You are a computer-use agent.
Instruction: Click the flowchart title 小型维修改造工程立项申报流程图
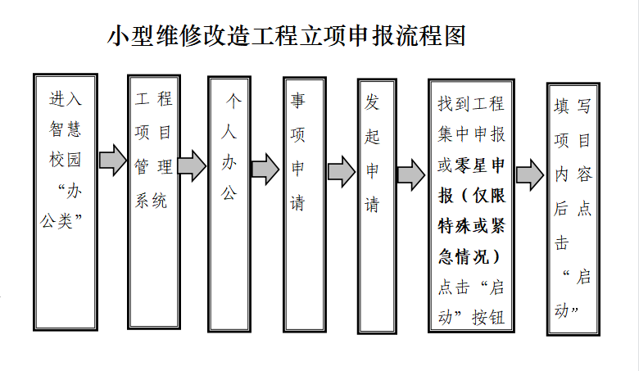[x=287, y=36]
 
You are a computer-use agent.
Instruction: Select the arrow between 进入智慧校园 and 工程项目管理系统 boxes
[x=113, y=160]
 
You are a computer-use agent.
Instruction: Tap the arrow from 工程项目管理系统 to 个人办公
[x=192, y=165]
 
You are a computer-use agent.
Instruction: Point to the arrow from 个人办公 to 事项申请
[x=265, y=169]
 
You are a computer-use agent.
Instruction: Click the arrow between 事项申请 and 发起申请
[x=342, y=172]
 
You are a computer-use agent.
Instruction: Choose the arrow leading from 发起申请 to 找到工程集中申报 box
[x=411, y=174]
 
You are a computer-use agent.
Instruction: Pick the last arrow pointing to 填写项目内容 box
[x=530, y=175]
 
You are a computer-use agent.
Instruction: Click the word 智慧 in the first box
[x=66, y=129]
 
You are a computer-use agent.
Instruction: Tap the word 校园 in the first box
[x=66, y=159]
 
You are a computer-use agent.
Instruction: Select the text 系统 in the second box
[x=152, y=201]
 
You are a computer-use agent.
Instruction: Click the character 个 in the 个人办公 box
[x=234, y=101]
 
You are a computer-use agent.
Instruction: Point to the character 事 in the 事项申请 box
[x=298, y=100]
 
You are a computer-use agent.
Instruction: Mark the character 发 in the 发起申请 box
[x=372, y=102]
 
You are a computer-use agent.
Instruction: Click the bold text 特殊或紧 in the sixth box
[x=472, y=226]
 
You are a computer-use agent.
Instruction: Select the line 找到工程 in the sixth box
[x=472, y=104]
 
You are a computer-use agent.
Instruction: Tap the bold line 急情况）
[x=469, y=256]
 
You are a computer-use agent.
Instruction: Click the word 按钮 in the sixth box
[x=488, y=317]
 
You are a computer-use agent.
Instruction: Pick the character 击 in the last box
[x=561, y=243]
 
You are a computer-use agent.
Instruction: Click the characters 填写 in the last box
[x=573, y=106]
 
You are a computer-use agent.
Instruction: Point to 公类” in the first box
[x=61, y=221]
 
